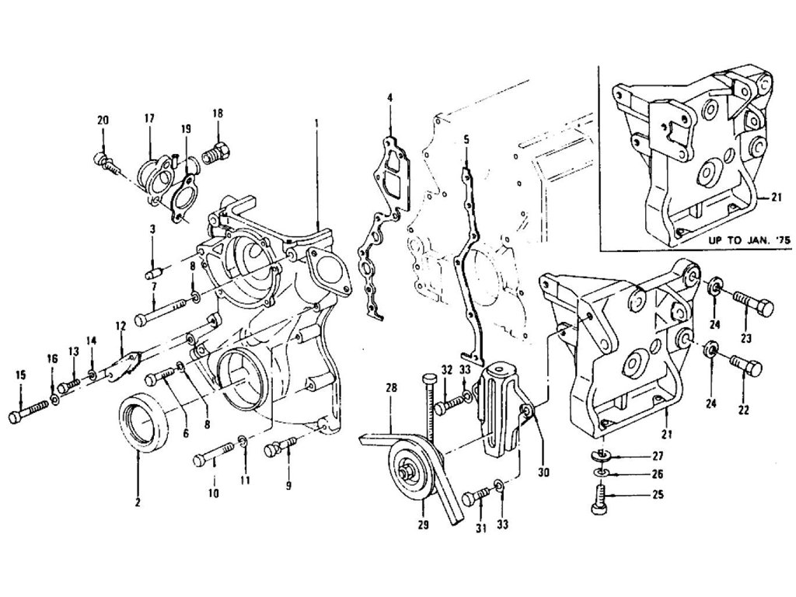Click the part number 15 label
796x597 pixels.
[x=21, y=375]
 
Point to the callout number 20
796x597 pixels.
[x=103, y=120]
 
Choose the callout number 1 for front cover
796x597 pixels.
[x=317, y=123]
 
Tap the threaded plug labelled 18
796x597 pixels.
[x=215, y=152]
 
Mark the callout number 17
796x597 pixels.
[x=148, y=118]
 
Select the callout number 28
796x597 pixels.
[x=391, y=387]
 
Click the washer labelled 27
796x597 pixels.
[x=600, y=456]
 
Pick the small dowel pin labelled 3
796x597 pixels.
[x=154, y=272]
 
